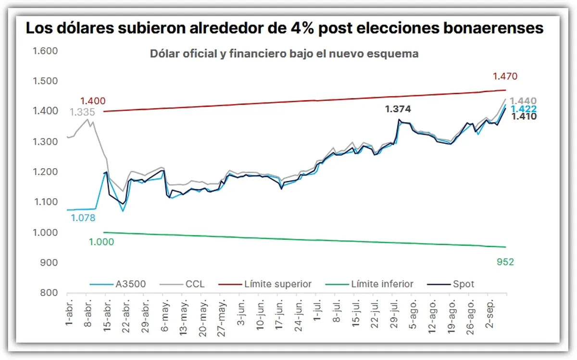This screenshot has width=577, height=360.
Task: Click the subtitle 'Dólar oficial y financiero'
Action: (284, 54)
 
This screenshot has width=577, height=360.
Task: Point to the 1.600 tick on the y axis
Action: (45, 51)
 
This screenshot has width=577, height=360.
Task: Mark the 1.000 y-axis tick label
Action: (45, 232)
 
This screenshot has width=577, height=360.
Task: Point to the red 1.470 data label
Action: (505, 76)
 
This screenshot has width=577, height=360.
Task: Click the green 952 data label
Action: (505, 261)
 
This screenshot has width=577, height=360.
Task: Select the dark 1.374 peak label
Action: (398, 110)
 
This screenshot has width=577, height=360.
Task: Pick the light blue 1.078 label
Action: (83, 218)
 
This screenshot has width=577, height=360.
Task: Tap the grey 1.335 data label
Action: (82, 112)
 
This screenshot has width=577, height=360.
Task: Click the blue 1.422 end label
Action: (524, 109)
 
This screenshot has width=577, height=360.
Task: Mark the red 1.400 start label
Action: (92, 101)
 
